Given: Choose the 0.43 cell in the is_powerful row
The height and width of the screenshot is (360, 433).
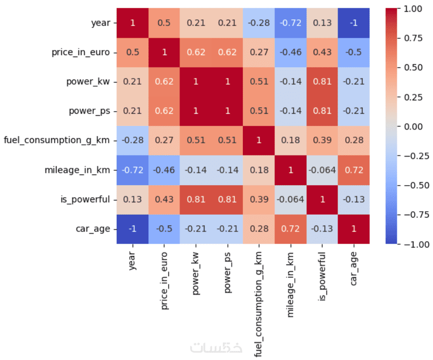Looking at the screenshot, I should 165,199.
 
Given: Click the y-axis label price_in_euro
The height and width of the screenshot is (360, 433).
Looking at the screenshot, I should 81,53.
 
